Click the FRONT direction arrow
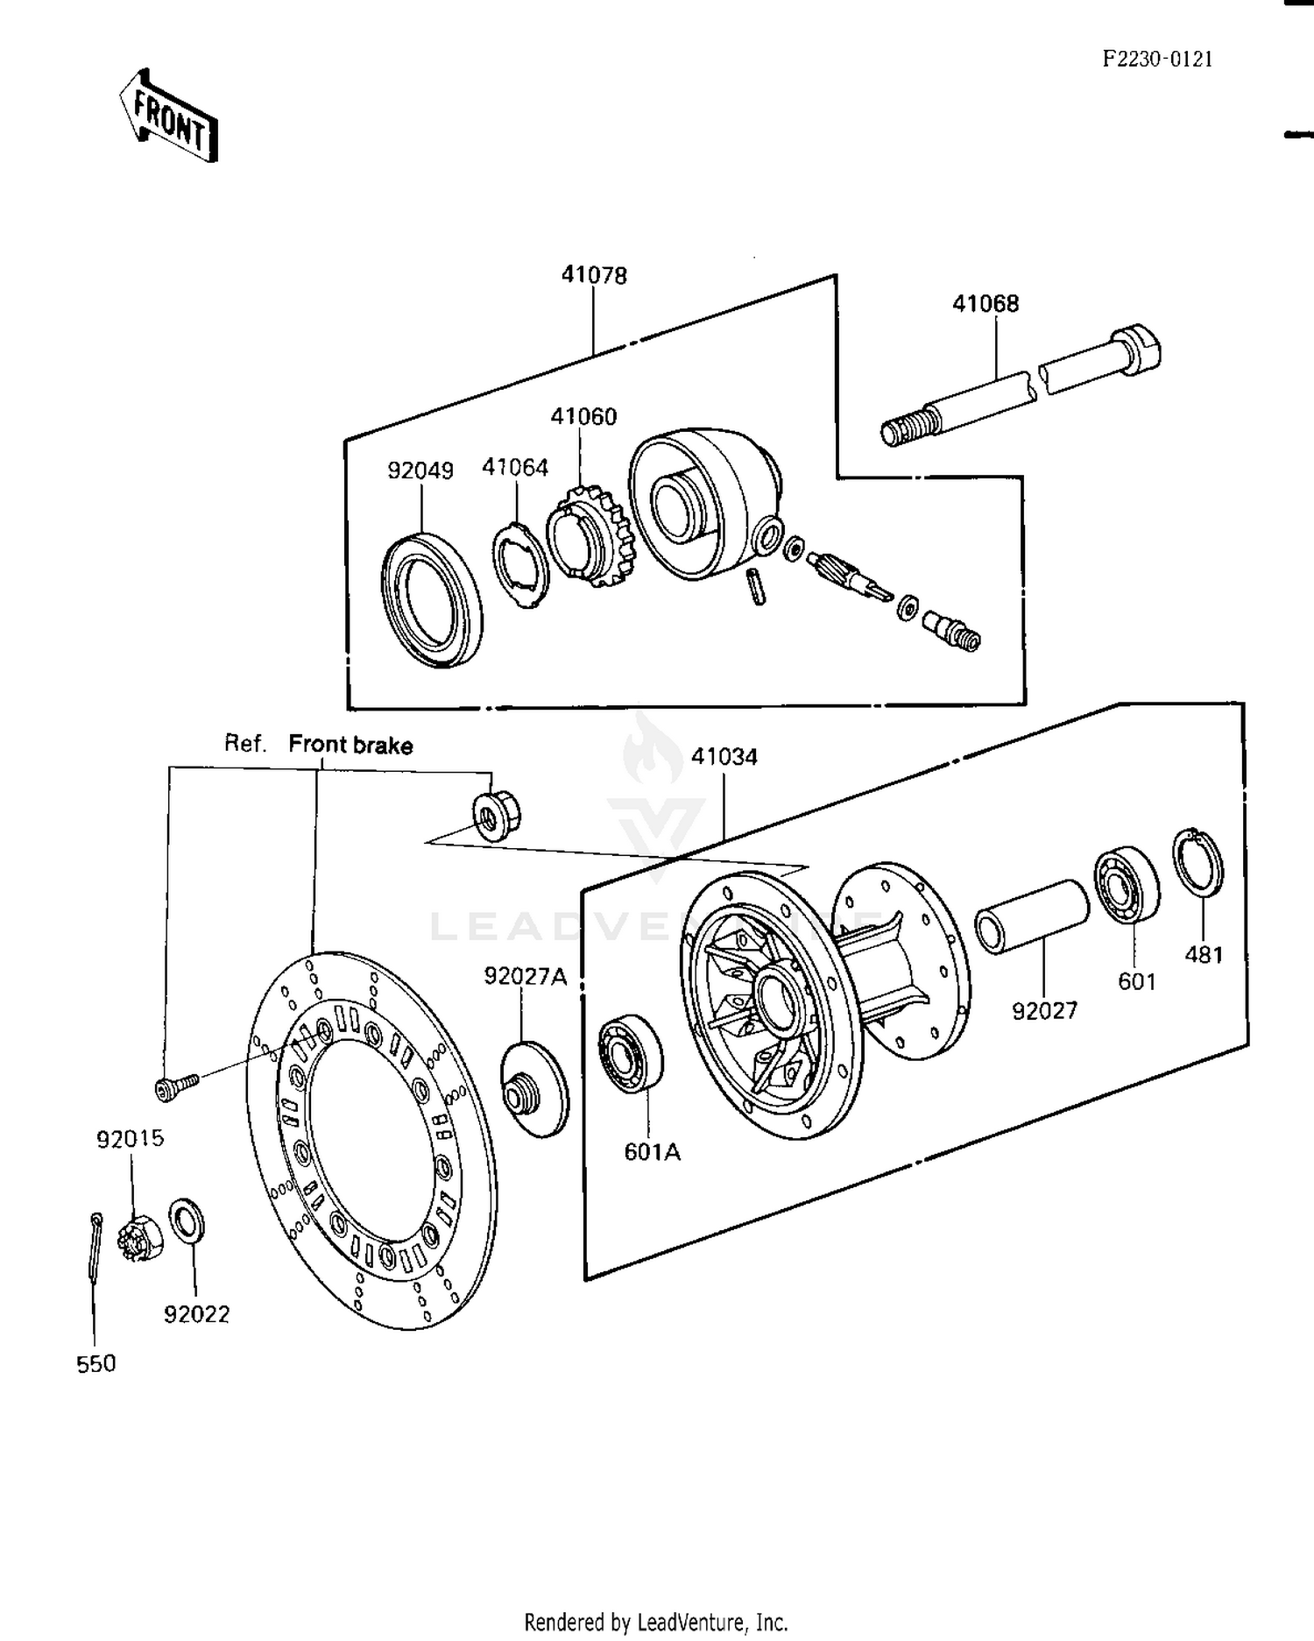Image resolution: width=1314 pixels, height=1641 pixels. coord(168,117)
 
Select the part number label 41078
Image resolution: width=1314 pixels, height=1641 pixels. coord(594,275)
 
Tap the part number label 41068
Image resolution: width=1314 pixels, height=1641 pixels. coord(985,304)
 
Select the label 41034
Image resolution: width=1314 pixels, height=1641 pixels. coord(724,757)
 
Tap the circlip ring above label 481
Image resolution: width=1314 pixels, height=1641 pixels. coord(1198,861)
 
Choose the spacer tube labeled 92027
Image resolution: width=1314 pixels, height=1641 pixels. coord(1031,916)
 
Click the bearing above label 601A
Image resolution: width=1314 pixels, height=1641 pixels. coord(631,1054)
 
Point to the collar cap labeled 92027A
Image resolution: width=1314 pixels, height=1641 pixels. coord(533,1088)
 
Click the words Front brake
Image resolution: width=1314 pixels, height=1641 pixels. coord(350,746)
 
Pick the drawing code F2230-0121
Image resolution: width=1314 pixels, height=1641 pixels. coord(1157,59)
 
